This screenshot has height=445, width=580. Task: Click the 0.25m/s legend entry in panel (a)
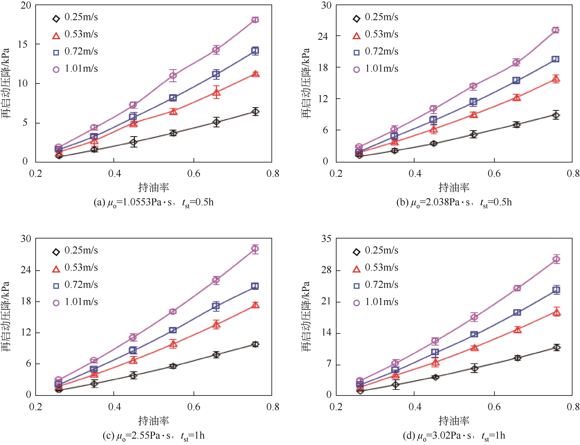[x=75, y=18]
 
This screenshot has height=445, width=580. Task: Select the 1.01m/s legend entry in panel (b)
[x=376, y=69]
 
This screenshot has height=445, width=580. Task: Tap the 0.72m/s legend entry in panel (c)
[x=75, y=285]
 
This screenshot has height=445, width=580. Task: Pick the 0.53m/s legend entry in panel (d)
[x=376, y=268]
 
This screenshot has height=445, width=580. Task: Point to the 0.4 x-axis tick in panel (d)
[x=415, y=407]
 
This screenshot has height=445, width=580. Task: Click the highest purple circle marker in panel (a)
[x=255, y=20]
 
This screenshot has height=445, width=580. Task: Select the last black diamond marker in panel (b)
[x=556, y=115]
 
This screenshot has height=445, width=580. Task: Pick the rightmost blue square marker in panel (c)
[x=255, y=286]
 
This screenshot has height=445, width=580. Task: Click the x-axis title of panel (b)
[x=454, y=187]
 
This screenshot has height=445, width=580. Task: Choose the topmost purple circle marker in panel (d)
[x=557, y=259]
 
